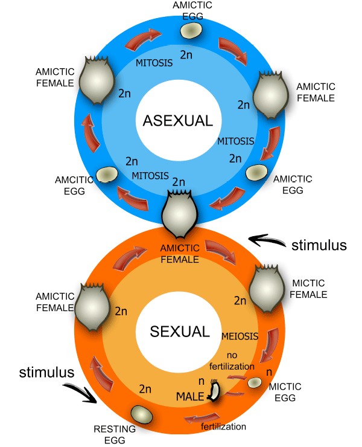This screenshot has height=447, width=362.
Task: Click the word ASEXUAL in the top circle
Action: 178,121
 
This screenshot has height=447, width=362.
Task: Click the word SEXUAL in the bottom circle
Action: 180,332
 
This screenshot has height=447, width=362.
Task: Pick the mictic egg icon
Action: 255,382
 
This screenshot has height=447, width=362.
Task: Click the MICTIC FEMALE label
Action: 308,289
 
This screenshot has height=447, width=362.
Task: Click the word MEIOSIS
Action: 241,336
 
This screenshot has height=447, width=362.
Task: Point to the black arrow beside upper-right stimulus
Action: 267,241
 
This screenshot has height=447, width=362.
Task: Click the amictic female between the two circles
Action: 179,214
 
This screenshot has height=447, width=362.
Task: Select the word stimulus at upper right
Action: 319,245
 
